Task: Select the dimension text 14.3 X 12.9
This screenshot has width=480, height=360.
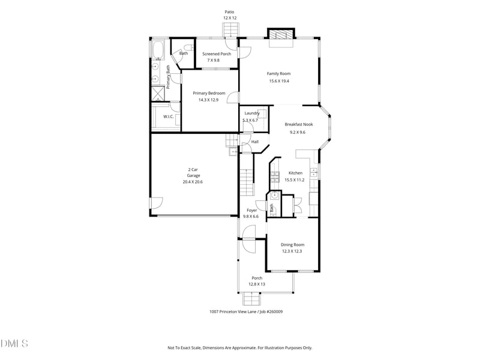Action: (208, 100)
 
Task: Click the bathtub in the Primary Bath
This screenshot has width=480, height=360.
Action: (159, 50)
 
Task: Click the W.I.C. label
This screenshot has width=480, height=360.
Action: (169, 116)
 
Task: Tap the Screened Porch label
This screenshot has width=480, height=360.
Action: (216, 54)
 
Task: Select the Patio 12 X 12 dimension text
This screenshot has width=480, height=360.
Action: (229, 18)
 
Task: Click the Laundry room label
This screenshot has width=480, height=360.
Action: (251, 113)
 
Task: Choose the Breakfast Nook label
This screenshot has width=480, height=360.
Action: (298, 124)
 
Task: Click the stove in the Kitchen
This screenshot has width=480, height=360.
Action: (275, 176)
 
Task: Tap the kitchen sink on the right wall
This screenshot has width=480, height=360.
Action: (313, 173)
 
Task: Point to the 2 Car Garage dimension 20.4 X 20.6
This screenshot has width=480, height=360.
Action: (193, 182)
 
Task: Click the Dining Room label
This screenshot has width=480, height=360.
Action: (292, 244)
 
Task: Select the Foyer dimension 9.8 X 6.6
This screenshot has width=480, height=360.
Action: (251, 216)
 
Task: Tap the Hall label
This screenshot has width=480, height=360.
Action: (254, 142)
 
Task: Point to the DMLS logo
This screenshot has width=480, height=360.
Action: (14, 344)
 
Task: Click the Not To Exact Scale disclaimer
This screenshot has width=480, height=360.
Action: (239, 348)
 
